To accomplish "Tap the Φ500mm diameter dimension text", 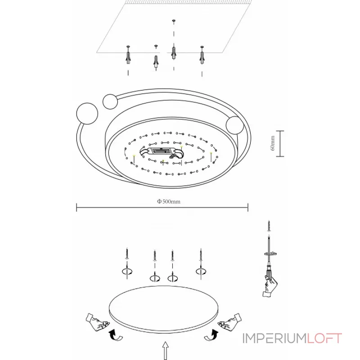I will coord(169,202).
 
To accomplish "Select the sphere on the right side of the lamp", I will coord(235,125).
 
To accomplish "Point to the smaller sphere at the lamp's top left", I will coord(110,101).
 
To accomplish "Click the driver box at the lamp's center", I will coord(162,152).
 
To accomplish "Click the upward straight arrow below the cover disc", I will coord(166,351).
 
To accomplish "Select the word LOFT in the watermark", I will coord(325,338).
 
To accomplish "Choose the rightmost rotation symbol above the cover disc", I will coord(201,271).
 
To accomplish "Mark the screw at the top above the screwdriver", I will coord(269,224).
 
